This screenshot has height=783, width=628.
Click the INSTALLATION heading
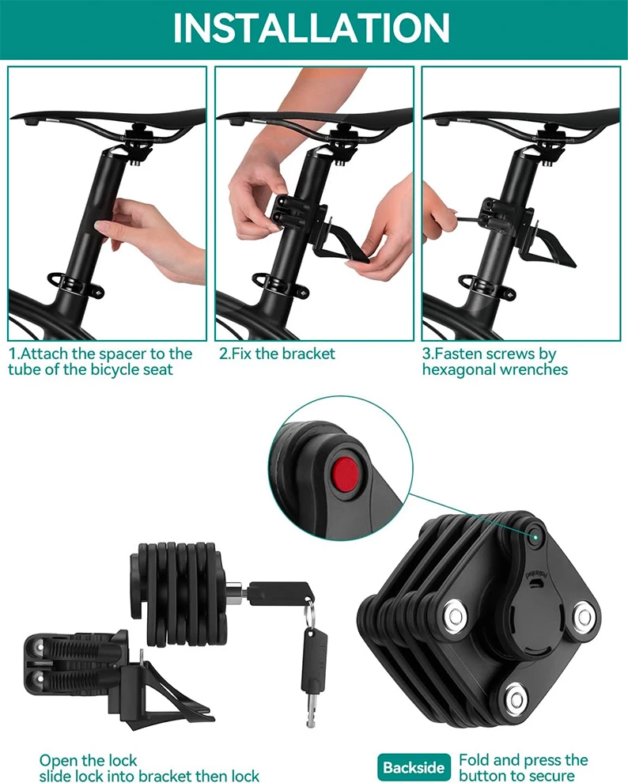click(311, 28)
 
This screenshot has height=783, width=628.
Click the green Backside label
click(414, 767)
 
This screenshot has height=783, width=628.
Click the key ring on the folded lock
click(309, 614)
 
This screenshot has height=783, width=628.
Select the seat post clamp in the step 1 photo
click(77, 286)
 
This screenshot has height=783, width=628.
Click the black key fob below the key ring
click(314, 659)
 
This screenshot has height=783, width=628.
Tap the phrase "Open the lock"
click(88, 761)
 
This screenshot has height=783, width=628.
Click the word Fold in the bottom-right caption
click(475, 760)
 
